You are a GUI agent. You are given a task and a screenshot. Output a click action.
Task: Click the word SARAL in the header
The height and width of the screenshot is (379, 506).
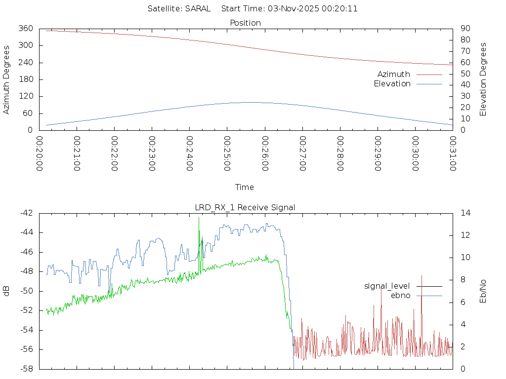198,8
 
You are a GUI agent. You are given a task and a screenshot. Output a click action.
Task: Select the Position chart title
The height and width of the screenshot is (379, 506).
245,23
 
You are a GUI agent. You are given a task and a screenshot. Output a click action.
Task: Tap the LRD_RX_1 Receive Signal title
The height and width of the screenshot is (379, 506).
245,207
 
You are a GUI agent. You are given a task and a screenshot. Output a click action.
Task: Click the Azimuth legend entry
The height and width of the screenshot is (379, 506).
394,74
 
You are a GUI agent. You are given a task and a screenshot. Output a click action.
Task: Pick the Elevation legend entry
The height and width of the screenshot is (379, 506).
392,84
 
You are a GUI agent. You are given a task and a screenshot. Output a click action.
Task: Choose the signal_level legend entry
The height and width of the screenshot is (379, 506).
387,286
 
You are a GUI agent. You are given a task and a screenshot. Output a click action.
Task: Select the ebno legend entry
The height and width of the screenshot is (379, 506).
400,295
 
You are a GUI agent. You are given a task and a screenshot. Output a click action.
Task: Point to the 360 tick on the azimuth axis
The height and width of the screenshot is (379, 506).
25,29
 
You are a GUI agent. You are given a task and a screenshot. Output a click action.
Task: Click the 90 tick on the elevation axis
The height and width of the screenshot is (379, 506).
464,29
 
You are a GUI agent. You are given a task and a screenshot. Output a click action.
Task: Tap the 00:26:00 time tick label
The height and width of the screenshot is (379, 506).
265,153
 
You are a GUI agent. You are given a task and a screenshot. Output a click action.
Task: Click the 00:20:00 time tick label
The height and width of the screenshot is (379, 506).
40,153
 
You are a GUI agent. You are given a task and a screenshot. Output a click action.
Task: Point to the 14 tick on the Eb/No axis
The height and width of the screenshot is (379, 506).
464,213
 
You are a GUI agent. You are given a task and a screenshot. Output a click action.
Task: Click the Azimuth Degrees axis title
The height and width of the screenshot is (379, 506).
7,79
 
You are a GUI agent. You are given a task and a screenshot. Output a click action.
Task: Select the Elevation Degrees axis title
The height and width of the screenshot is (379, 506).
483,79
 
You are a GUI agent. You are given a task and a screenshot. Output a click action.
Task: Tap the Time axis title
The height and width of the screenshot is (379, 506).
245,187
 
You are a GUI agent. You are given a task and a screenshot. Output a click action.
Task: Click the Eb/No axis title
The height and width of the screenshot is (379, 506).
483,291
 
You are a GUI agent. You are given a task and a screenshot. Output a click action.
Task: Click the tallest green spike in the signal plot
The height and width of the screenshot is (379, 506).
199,218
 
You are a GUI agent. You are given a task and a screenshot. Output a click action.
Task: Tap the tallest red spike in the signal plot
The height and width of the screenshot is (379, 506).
422,276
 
